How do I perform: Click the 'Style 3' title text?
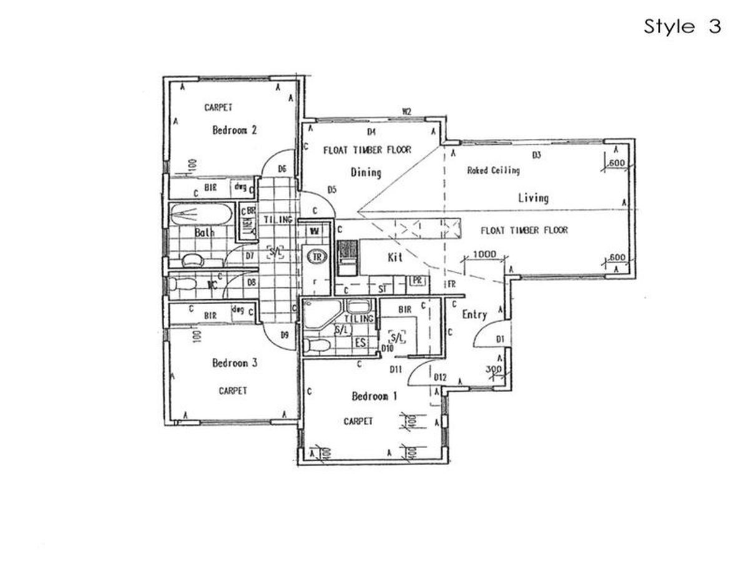682,27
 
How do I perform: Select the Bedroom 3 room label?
235,363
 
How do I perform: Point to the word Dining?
365,172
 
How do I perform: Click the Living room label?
533,198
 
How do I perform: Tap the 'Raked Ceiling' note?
493,170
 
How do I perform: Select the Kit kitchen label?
394,257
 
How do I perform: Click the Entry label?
474,315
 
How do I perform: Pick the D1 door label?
499,338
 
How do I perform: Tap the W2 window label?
406,112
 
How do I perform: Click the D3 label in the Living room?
536,154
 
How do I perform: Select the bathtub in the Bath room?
201,215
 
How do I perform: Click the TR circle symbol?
316,257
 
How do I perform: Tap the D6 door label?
282,169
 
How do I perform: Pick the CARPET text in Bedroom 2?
218,108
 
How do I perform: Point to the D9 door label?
284,335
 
